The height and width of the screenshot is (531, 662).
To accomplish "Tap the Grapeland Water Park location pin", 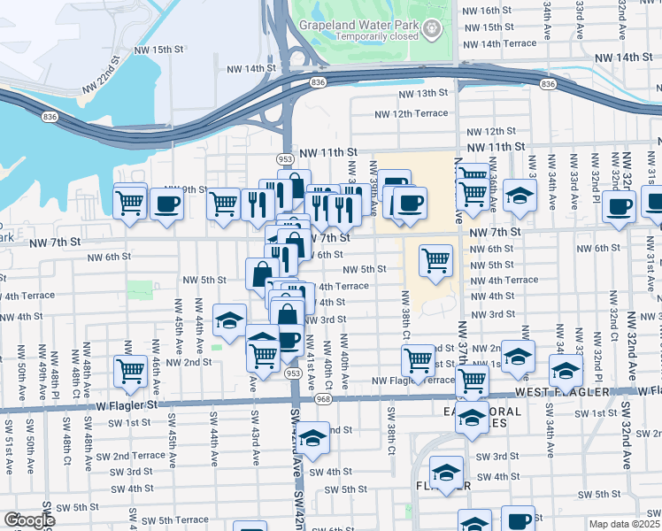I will click(432, 28).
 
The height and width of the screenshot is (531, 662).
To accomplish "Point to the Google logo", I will click(29, 520).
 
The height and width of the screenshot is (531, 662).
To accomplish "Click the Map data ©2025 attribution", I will click(625, 524).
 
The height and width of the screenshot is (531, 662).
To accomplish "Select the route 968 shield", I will click(323, 399).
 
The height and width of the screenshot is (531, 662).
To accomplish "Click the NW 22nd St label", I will click(109, 70).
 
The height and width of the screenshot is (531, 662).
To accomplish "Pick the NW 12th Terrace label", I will click(412, 113).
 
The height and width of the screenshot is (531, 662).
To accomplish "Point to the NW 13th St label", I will click(423, 93).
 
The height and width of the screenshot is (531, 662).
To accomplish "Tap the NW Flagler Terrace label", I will click(412, 381).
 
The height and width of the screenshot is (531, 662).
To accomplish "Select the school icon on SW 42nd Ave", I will click(312, 437).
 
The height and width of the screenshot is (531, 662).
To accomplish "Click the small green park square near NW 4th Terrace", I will click(138, 289).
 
